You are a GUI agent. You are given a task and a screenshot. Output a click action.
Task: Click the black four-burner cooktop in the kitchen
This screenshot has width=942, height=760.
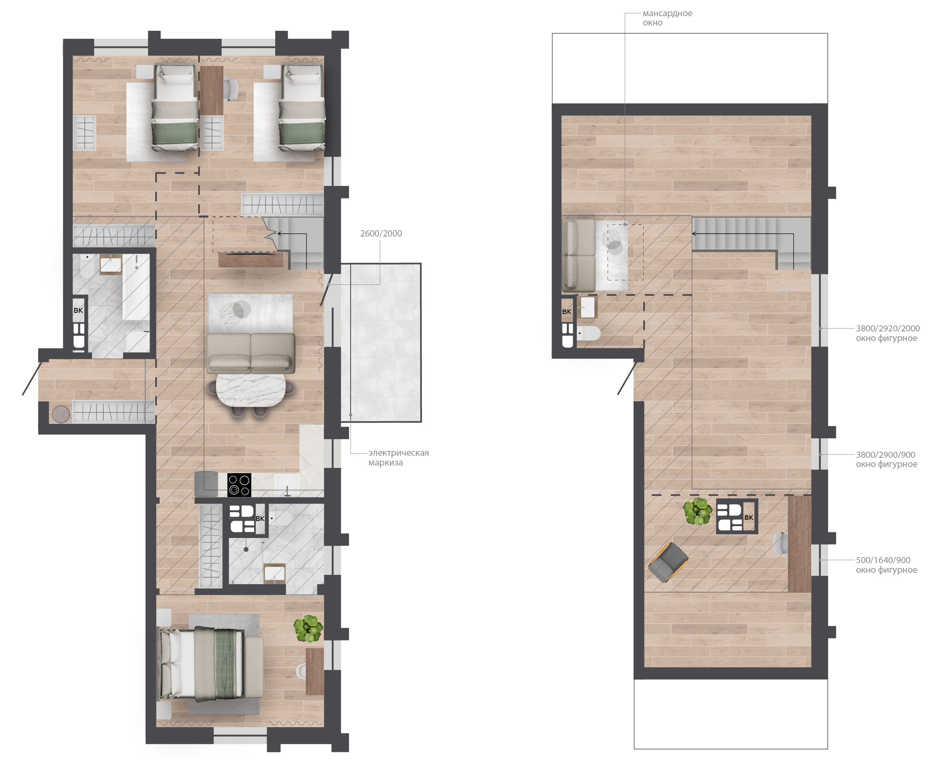[239, 485]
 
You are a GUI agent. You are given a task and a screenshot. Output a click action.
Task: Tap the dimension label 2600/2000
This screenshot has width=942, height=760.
[381, 233]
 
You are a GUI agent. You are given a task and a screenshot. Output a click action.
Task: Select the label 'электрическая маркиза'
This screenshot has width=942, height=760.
[398, 457]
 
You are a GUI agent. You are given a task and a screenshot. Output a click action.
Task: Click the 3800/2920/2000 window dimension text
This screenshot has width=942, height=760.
[888, 328]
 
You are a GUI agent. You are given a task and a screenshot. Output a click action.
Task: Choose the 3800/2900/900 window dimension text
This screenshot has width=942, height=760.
[886, 455]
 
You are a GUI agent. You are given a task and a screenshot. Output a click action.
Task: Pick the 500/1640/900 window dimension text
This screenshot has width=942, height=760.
[883, 560]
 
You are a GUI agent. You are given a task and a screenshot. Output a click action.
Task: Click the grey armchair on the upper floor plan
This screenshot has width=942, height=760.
[668, 562]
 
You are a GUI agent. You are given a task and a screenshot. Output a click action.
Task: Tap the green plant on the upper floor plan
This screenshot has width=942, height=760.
[698, 511]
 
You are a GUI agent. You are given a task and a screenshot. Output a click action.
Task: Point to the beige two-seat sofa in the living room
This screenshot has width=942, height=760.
[251, 353]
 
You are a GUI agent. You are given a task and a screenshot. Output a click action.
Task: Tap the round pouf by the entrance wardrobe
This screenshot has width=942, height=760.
[61, 414]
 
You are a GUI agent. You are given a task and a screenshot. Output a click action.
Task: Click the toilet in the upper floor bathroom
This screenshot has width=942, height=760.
[589, 333]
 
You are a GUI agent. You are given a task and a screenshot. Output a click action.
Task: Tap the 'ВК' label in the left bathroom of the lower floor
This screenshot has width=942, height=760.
[78, 310]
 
